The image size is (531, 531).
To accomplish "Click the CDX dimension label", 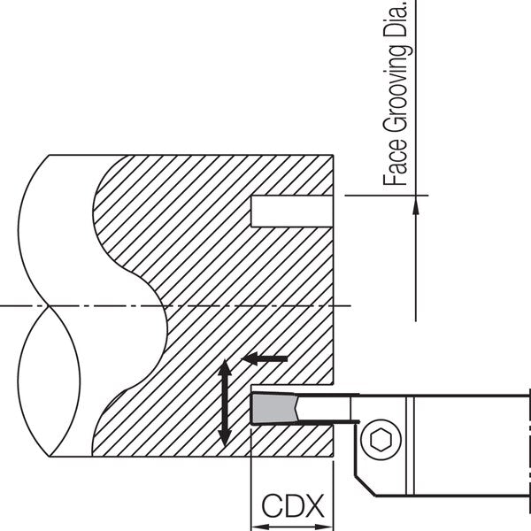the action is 293,505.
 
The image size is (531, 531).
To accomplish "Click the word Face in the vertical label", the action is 396,162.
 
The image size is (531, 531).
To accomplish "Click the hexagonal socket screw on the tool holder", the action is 381,440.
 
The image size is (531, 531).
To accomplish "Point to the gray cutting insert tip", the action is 275,408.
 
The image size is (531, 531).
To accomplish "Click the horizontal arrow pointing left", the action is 264,358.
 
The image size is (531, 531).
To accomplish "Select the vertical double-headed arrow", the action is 224,403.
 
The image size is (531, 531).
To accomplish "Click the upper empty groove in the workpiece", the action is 292,211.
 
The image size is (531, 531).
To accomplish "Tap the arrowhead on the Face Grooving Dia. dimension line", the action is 416,205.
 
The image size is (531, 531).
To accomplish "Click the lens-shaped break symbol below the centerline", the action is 49,381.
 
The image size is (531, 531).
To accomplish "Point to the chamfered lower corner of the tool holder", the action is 365,486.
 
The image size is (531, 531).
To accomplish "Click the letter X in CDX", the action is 313,505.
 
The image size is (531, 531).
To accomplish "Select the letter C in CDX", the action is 272,505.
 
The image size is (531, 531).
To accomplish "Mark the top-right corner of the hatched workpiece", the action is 334,155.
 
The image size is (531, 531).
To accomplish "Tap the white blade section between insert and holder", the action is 323,408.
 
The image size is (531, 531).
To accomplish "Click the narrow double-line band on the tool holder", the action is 410,445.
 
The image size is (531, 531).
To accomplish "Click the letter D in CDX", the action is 293,505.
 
